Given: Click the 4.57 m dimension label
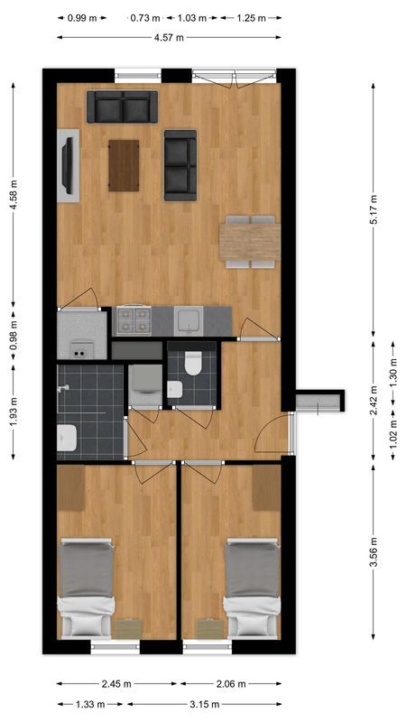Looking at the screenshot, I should (x=169, y=37).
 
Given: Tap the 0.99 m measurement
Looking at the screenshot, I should (x=82, y=17).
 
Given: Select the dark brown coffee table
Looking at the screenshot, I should (x=124, y=166).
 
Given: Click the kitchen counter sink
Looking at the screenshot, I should (x=189, y=320).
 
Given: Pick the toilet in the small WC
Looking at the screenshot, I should (x=191, y=363).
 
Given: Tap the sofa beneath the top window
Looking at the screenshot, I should (x=122, y=107).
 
